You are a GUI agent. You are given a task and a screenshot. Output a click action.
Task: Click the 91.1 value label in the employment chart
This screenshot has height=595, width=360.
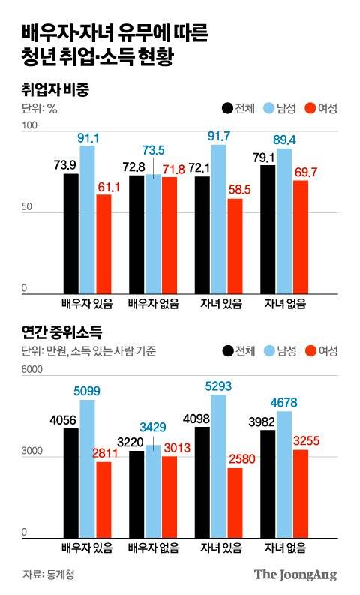click(88, 137)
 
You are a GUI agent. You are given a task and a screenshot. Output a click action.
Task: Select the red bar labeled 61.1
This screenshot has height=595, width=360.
click(103, 243)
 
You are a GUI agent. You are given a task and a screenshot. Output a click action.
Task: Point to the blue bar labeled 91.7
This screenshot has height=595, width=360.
click(219, 218)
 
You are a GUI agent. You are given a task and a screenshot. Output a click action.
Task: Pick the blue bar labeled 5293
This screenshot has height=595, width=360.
click(219, 464)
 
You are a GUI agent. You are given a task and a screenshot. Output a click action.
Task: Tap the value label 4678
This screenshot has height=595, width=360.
click(284, 403)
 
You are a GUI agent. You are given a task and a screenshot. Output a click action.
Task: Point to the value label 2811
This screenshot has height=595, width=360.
click(103, 453)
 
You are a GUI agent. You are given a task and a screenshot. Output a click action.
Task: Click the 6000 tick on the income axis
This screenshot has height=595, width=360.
click(33, 371)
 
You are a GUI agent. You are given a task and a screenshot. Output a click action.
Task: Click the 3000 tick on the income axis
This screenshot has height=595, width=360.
click(33, 452)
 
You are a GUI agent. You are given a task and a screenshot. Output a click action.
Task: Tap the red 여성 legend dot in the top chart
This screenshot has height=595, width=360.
click(307, 109)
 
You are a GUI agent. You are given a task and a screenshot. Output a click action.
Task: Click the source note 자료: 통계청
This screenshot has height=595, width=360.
click(49, 575)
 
